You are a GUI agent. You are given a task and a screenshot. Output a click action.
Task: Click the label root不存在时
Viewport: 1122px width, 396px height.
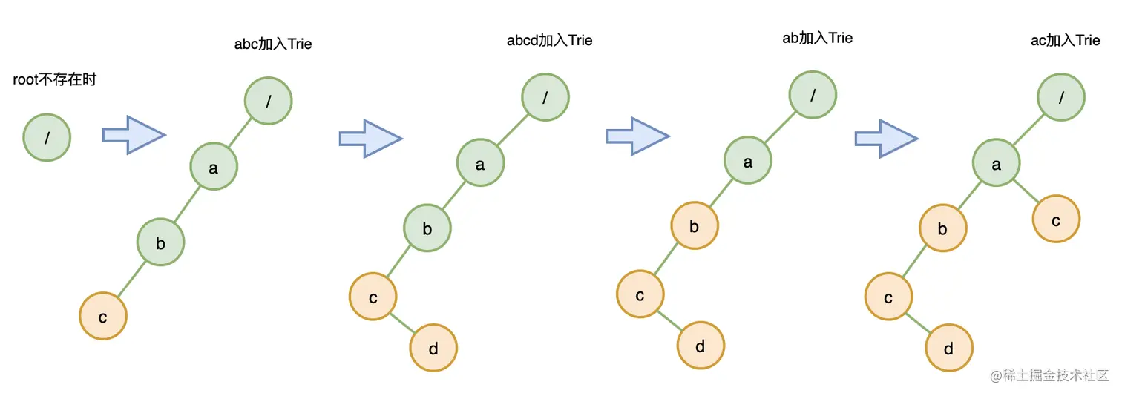pyautogui.click(x=55, y=79)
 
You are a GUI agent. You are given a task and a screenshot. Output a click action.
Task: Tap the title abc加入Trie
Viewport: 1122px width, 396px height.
pyautogui.click(x=273, y=44)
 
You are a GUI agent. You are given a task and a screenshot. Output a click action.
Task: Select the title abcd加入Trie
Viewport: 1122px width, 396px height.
pyautogui.click(x=549, y=40)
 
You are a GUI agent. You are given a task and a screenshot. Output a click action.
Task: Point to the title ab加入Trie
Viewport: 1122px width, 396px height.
pyautogui.click(x=818, y=38)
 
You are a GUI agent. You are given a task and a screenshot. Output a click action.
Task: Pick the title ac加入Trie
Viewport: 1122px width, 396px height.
pyautogui.click(x=1066, y=40)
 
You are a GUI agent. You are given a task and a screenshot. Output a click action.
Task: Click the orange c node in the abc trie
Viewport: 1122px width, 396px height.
pyautogui.click(x=103, y=317)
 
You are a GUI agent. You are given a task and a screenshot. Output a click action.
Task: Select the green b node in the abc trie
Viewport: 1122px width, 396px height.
pyautogui.click(x=160, y=242)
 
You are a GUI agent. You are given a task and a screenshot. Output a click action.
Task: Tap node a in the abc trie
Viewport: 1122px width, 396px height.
pyautogui.click(x=214, y=168)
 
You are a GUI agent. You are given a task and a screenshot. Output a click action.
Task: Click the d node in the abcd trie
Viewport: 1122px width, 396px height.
pyautogui.click(x=433, y=348)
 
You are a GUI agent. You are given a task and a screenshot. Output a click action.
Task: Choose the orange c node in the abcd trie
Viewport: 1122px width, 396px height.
pyautogui.click(x=373, y=297)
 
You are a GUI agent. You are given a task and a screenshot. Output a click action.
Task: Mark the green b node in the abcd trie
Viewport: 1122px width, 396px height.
pyautogui.click(x=427, y=228)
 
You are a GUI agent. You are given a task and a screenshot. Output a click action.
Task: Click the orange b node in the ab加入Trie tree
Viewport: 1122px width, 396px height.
pyautogui.click(x=695, y=226)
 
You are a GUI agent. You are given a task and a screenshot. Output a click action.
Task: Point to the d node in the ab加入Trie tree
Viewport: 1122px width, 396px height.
pyautogui.click(x=701, y=346)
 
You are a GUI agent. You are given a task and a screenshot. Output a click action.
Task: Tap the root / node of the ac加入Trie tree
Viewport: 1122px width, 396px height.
pyautogui.click(x=1062, y=97)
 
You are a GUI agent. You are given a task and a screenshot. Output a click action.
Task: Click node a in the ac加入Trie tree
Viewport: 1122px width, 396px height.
pyautogui.click(x=997, y=165)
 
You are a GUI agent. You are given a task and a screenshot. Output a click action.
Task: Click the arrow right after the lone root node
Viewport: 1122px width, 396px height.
pyautogui.click(x=133, y=135)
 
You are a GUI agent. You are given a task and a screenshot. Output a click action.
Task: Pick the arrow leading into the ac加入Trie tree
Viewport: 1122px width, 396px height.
pyautogui.click(x=886, y=139)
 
